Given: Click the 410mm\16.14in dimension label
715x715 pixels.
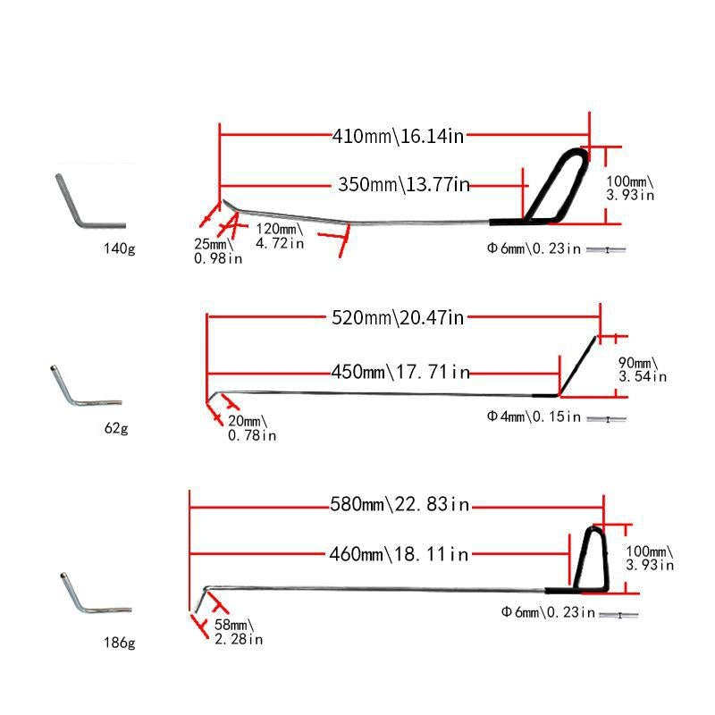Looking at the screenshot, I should click(x=398, y=137).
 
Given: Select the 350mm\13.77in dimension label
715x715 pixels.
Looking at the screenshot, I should click(x=404, y=185).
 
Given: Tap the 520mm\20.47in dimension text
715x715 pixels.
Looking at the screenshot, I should click(x=398, y=317).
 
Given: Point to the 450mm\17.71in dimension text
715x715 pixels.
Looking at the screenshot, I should click(x=400, y=372).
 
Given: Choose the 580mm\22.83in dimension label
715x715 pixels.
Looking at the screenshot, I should click(x=400, y=505).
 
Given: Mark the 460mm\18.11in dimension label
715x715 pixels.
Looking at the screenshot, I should click(x=399, y=554).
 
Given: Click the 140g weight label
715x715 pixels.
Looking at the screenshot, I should click(x=118, y=248).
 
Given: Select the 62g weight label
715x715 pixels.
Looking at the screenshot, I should click(x=116, y=428).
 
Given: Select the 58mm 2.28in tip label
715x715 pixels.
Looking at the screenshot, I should click(x=238, y=632).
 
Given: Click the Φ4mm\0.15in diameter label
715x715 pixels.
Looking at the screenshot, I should click(x=534, y=416).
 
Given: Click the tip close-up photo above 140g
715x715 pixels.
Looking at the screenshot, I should click(x=87, y=201).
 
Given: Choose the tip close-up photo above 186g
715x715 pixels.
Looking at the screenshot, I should click(x=89, y=595).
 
